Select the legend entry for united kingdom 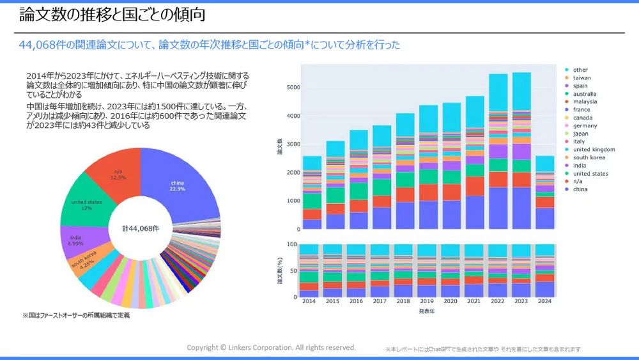(x=594, y=150)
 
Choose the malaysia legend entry (x=585, y=102)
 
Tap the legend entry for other (x=580, y=70)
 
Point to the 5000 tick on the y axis (x=292, y=88)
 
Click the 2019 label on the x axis (x=427, y=301)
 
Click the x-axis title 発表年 (x=427, y=311)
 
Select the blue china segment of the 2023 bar (x=522, y=208)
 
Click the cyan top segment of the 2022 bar (x=498, y=93)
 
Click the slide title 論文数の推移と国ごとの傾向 (x=112, y=14)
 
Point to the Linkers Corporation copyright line (x=271, y=347)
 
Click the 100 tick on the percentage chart (x=291, y=245)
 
